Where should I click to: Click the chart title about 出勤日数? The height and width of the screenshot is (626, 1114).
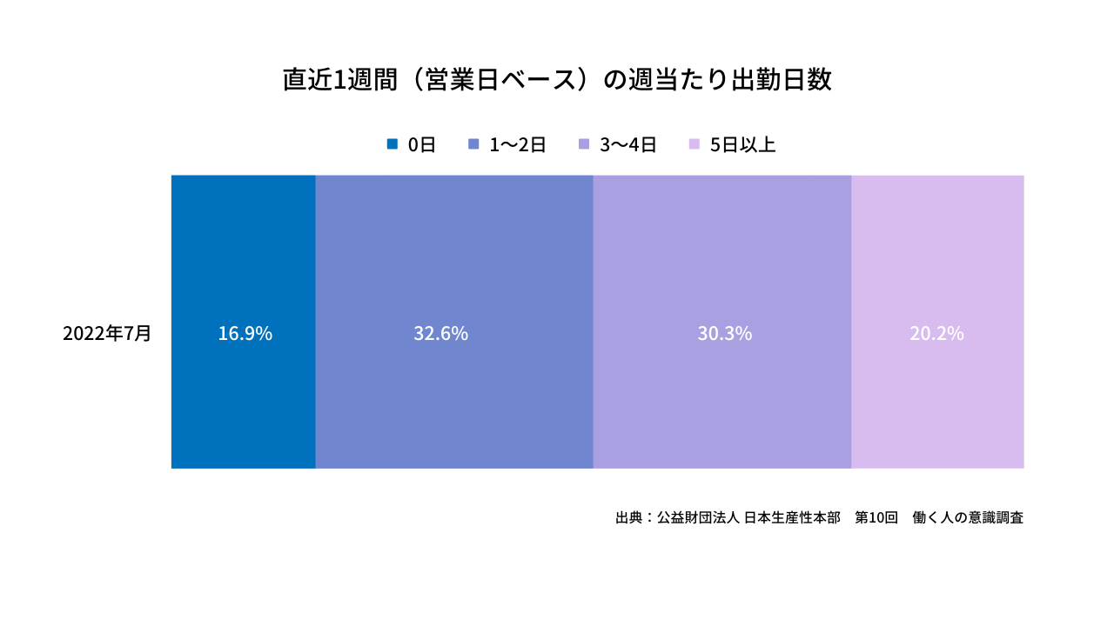click(557, 80)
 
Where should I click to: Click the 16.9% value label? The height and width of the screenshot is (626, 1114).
click(245, 334)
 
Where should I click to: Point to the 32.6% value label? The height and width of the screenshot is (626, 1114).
click(440, 334)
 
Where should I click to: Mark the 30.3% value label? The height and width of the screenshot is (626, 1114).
click(724, 334)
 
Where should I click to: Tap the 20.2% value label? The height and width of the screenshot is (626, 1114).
click(936, 334)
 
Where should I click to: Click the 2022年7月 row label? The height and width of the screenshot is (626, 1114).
click(107, 334)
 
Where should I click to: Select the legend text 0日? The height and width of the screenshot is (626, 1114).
click(422, 145)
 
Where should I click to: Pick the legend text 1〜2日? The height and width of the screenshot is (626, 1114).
click(517, 145)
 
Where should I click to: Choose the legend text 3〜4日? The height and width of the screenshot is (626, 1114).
click(627, 145)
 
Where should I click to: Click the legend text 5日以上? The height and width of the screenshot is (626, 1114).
click(742, 145)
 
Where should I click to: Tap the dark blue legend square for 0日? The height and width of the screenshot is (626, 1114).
click(393, 144)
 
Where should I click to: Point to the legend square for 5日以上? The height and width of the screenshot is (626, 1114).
click(694, 144)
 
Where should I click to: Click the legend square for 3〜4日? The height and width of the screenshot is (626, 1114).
click(584, 144)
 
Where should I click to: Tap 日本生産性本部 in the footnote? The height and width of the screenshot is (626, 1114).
click(792, 517)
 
